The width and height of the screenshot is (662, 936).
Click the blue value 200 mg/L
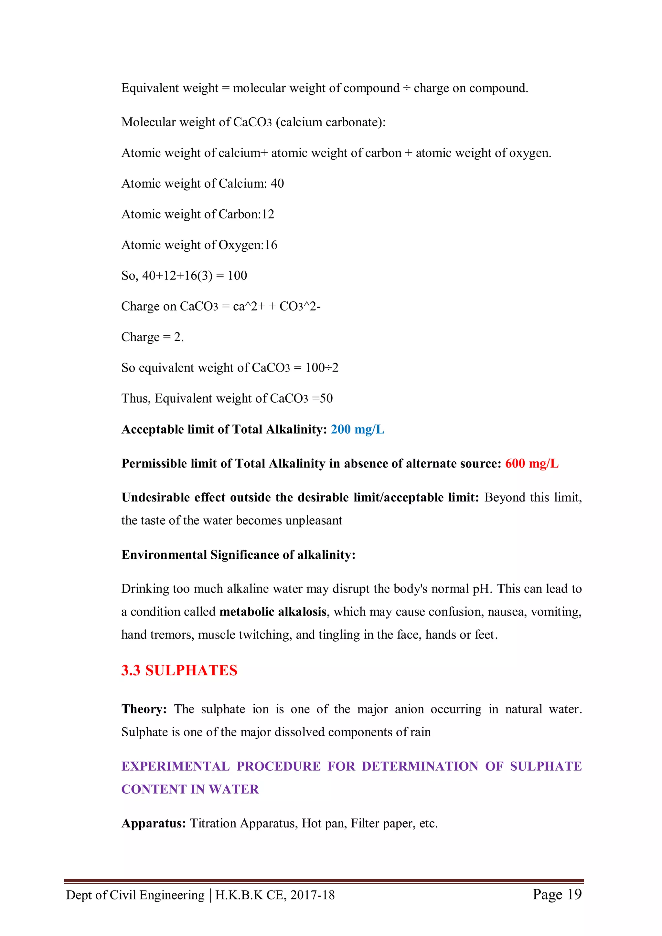[x=357, y=429]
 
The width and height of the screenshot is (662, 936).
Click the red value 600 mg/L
[x=531, y=464]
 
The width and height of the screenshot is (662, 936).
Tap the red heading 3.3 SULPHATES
[x=179, y=670]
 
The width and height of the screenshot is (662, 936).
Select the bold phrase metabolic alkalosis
[x=273, y=612]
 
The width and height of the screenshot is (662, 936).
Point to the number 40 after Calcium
[x=277, y=184]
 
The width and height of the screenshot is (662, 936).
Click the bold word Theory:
[x=144, y=709]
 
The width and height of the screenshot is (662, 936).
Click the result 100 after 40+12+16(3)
[x=237, y=276]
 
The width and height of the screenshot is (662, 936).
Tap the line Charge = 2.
[x=153, y=337]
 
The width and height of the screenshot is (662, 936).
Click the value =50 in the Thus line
[x=322, y=398]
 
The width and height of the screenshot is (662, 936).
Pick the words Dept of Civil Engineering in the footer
[x=135, y=895]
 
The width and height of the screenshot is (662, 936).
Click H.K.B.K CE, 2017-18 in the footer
[x=275, y=895]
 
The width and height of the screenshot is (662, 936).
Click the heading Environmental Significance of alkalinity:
[x=238, y=555]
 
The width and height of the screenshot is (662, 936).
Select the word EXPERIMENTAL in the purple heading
[x=176, y=766]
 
